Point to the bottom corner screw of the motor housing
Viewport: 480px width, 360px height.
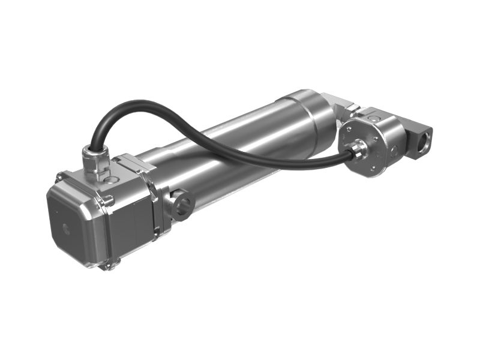pyautogui.click(x=107, y=265)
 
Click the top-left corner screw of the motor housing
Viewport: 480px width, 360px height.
pyautogui.click(x=59, y=177)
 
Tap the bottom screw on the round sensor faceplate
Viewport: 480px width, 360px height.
pyautogui.click(x=373, y=169)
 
